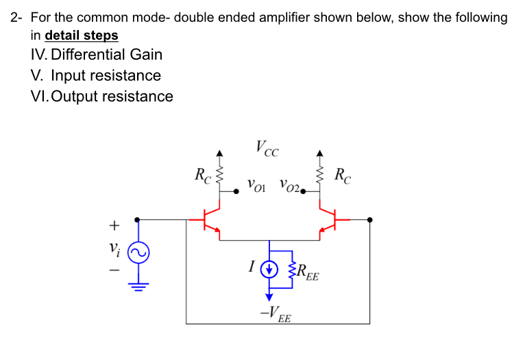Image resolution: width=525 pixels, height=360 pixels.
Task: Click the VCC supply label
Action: [267, 147]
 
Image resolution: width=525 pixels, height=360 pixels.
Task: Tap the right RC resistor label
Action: [343, 176]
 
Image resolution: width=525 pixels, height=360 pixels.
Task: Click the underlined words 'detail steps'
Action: [81, 35]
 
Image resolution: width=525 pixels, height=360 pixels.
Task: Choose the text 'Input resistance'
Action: [106, 75]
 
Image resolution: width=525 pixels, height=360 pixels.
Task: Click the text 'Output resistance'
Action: [112, 96]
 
